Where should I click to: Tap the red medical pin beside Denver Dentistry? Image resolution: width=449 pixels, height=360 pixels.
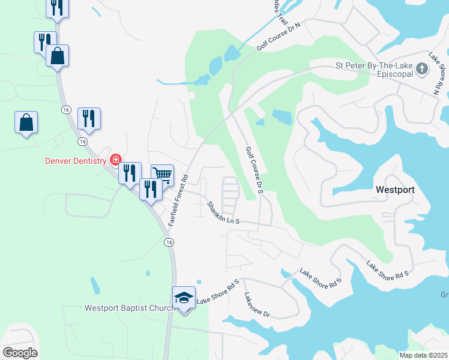(x=115, y=160)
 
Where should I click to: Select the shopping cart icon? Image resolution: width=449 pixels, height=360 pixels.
(x=162, y=174)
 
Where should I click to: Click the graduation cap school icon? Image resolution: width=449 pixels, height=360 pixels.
(x=184, y=298)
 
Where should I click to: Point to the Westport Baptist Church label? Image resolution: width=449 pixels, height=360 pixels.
(x=130, y=308)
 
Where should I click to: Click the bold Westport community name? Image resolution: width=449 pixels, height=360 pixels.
(x=395, y=189)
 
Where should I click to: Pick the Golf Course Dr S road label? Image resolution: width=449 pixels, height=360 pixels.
(x=255, y=170)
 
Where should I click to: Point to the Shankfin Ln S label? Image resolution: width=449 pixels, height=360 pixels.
(x=223, y=213)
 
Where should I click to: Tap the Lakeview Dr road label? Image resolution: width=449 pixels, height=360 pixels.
(x=258, y=305)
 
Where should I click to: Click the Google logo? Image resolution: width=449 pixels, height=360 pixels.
(x=20, y=353)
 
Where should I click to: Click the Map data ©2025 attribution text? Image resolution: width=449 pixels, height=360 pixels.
(x=423, y=355)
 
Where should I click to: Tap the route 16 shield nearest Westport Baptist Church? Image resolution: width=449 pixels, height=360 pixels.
(x=170, y=241)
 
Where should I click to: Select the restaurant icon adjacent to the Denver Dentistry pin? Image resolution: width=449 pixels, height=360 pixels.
(x=130, y=173)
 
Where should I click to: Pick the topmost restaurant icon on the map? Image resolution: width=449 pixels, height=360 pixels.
(x=58, y=7)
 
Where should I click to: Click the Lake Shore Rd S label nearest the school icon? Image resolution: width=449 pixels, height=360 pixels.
(x=218, y=290)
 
